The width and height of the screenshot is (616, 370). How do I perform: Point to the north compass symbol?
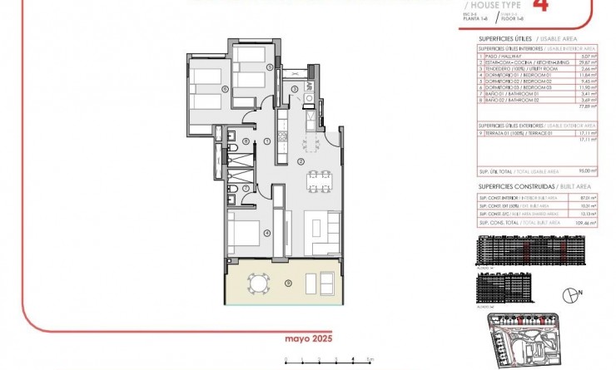[x=570, y=293]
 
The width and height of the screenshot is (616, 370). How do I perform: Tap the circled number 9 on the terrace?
[x=287, y=284]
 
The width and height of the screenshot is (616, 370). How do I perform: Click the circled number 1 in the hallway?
[x=266, y=141]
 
